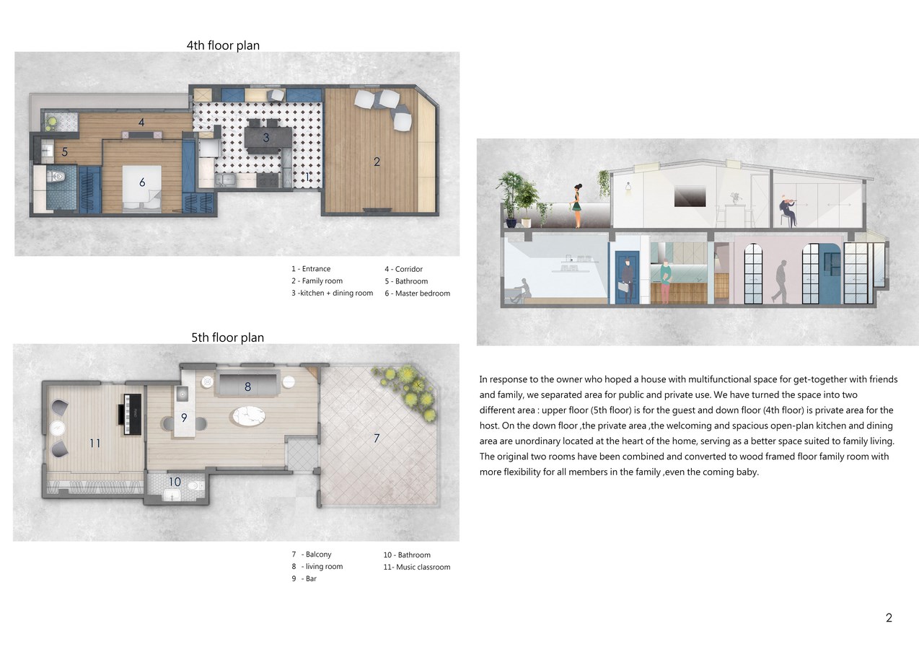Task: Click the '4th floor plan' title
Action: [x=223, y=45]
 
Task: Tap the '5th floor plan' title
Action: [x=227, y=337]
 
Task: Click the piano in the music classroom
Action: [x=130, y=415]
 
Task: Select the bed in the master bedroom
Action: [x=142, y=189]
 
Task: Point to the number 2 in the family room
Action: [x=377, y=162]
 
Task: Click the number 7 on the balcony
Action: [x=377, y=438]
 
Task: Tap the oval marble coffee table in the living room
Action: [x=249, y=416]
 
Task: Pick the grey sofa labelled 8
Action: [x=247, y=385]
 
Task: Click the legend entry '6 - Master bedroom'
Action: [x=417, y=293]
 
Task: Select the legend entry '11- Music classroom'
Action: [x=417, y=567]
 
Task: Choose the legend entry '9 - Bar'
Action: [x=304, y=578]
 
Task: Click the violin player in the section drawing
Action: [x=788, y=211]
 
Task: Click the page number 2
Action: [x=889, y=617]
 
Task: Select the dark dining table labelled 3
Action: [x=268, y=136]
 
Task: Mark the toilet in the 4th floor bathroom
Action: [x=56, y=177]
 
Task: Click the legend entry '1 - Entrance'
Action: [x=311, y=269]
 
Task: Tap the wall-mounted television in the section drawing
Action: [x=690, y=196]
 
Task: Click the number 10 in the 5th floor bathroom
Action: [x=175, y=482]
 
